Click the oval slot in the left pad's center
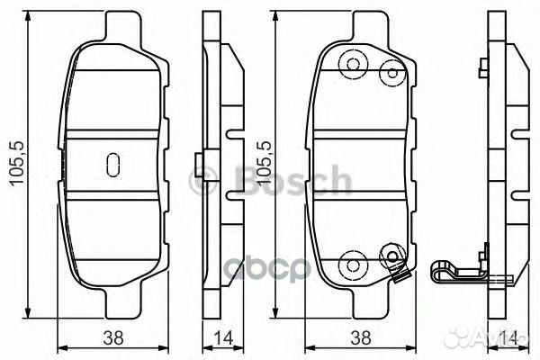click(x=113, y=164)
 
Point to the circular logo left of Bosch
click(x=202, y=181)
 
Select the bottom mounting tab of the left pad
click(x=113, y=301)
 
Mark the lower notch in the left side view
click(x=234, y=193)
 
